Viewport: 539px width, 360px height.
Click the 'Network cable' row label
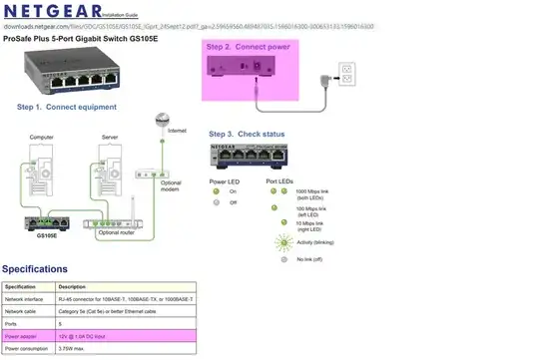tap(23, 311)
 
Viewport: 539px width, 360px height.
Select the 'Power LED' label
tap(226, 181)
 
